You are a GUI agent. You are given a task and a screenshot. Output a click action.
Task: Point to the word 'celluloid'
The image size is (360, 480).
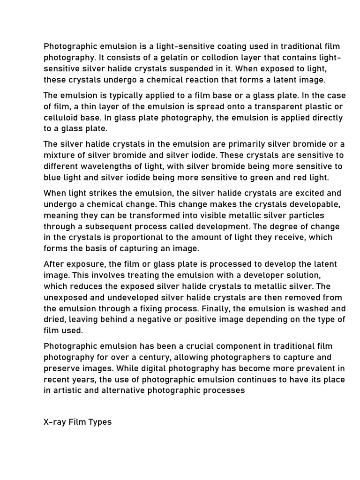pos(64,118)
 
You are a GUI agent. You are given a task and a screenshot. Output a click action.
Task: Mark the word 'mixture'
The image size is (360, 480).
pos(59,156)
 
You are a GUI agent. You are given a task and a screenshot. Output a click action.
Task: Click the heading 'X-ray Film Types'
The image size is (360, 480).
pos(78,422)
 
